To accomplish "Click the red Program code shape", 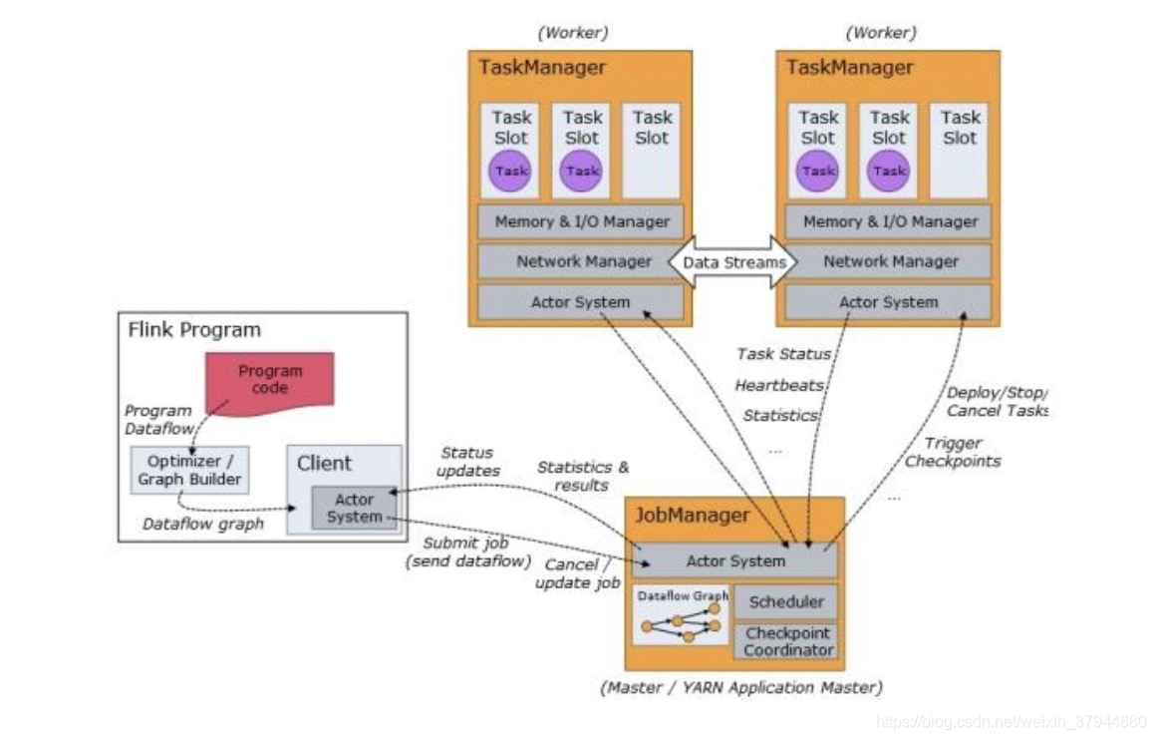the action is pos(270,382).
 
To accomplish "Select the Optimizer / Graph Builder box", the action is pos(189,470).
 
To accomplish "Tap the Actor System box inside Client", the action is pos(355,508).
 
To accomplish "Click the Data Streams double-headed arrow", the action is pos(732,262).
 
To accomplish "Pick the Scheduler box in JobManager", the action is pos(786,601).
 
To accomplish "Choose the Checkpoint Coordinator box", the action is pos(786,641).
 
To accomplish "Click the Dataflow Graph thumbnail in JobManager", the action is pos(682,615).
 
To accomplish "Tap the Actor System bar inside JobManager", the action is pos(735,560).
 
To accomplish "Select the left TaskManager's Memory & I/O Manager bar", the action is pos(581,221).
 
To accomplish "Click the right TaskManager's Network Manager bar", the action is pos(890,261).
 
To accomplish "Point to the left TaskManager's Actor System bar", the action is pos(581,302).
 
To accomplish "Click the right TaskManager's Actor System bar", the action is pos(888,302).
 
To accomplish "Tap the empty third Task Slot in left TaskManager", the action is pos(652,151).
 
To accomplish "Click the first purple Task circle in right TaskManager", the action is pos(817,172).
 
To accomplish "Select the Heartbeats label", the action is pos(779,385).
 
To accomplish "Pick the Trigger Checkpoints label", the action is pos(953,452).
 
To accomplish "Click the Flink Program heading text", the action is pos(194,329).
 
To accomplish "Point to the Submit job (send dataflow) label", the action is pos(468,552).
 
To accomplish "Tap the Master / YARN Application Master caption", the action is pos(740,687).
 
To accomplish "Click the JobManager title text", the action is pos(693,515).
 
